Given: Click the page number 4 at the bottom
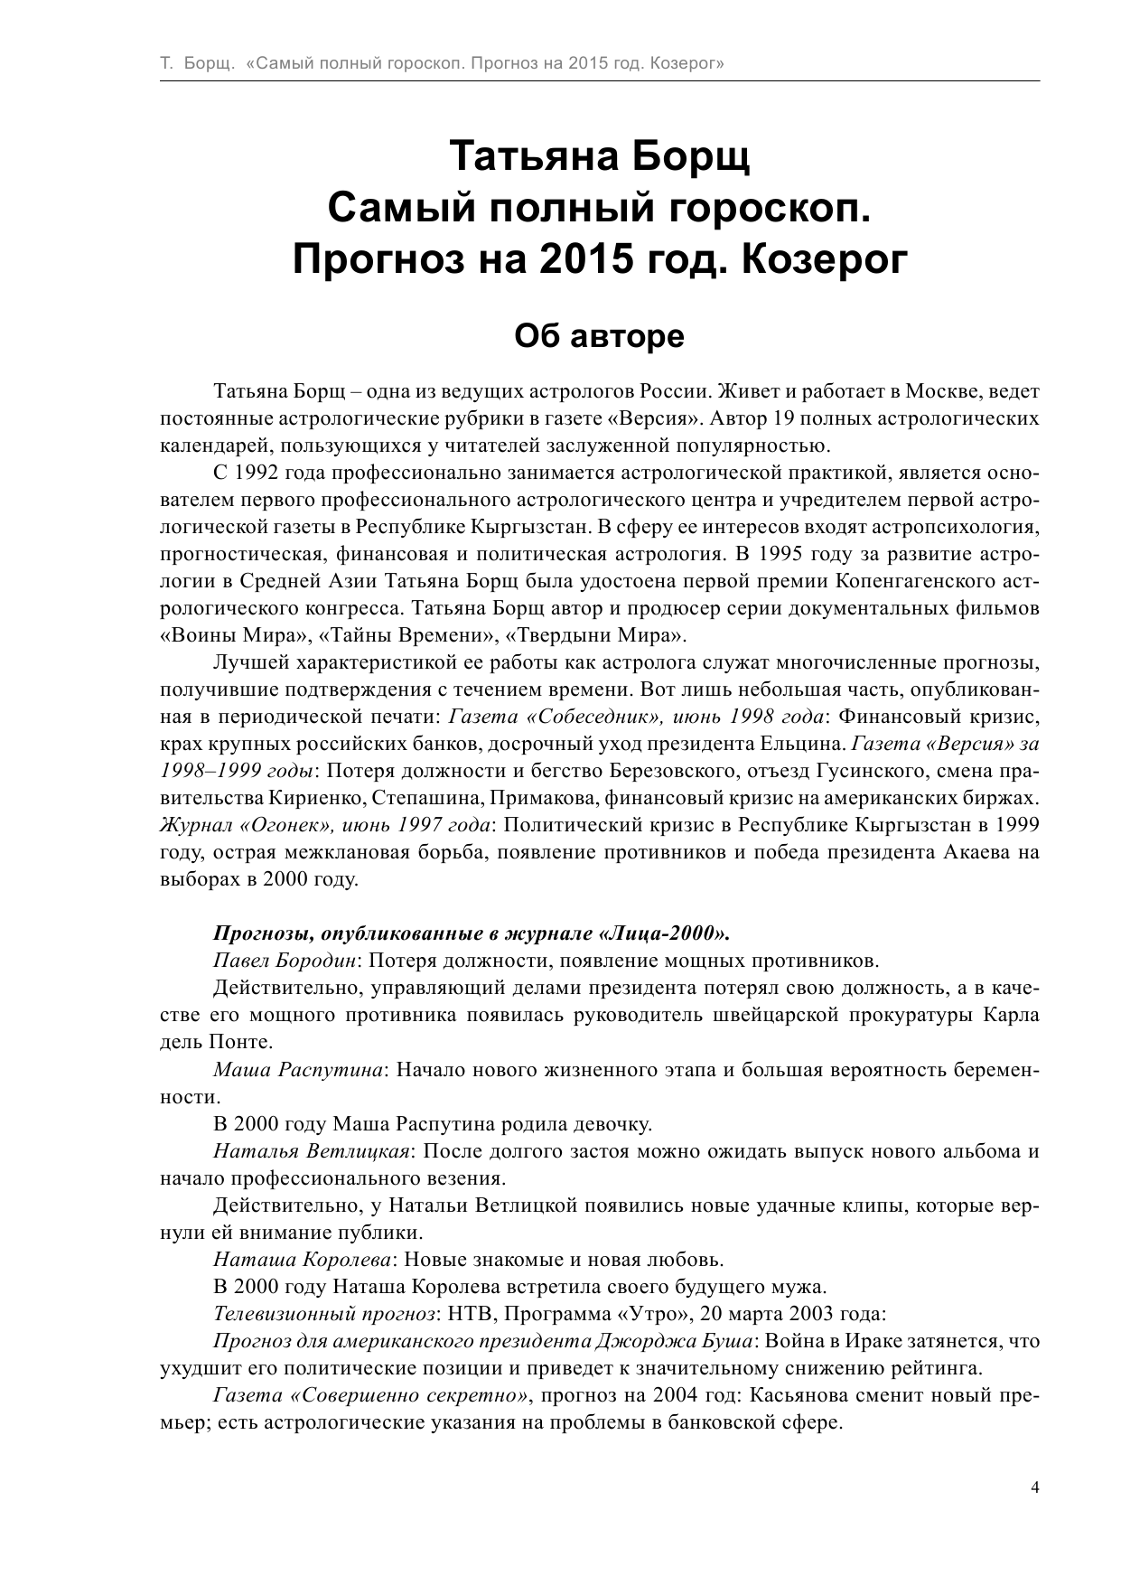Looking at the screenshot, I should pos(1034,1487).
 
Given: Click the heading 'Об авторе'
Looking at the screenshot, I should pos(599,336).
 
